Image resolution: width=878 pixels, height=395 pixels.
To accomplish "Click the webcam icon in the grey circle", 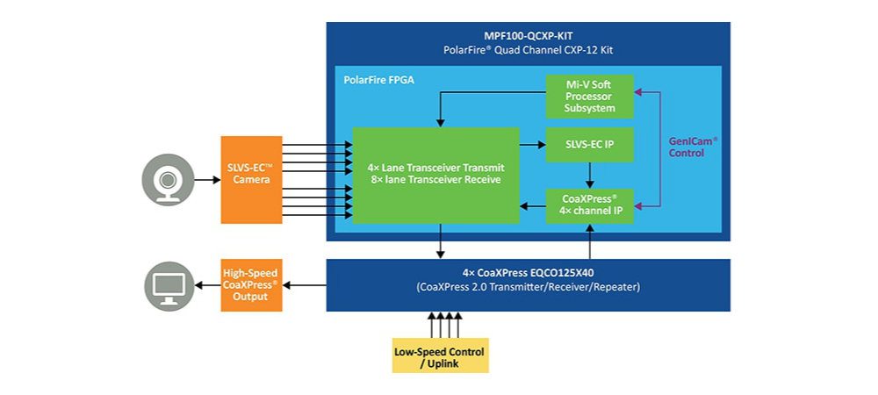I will (167, 181).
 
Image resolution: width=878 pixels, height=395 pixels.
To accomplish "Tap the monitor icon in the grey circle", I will (167, 285).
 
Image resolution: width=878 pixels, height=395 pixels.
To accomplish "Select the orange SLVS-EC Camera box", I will (251, 179).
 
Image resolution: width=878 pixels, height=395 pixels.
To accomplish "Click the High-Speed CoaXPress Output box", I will (251, 285).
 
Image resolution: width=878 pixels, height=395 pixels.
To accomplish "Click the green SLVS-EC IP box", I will (588, 144).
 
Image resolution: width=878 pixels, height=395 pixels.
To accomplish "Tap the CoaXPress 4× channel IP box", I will (588, 206).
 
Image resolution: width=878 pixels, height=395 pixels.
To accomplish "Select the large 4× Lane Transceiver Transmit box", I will (435, 174).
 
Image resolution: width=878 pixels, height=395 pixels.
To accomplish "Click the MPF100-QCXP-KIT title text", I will (528, 36).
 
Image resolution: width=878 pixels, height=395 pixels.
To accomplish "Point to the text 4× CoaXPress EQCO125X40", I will (528, 272).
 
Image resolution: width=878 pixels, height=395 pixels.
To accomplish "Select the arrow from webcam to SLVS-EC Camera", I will (206, 180).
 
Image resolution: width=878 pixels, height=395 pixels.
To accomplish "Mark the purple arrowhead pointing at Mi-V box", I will (638, 90).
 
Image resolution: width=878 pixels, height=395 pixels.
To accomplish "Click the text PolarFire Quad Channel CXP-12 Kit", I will (528, 50).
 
